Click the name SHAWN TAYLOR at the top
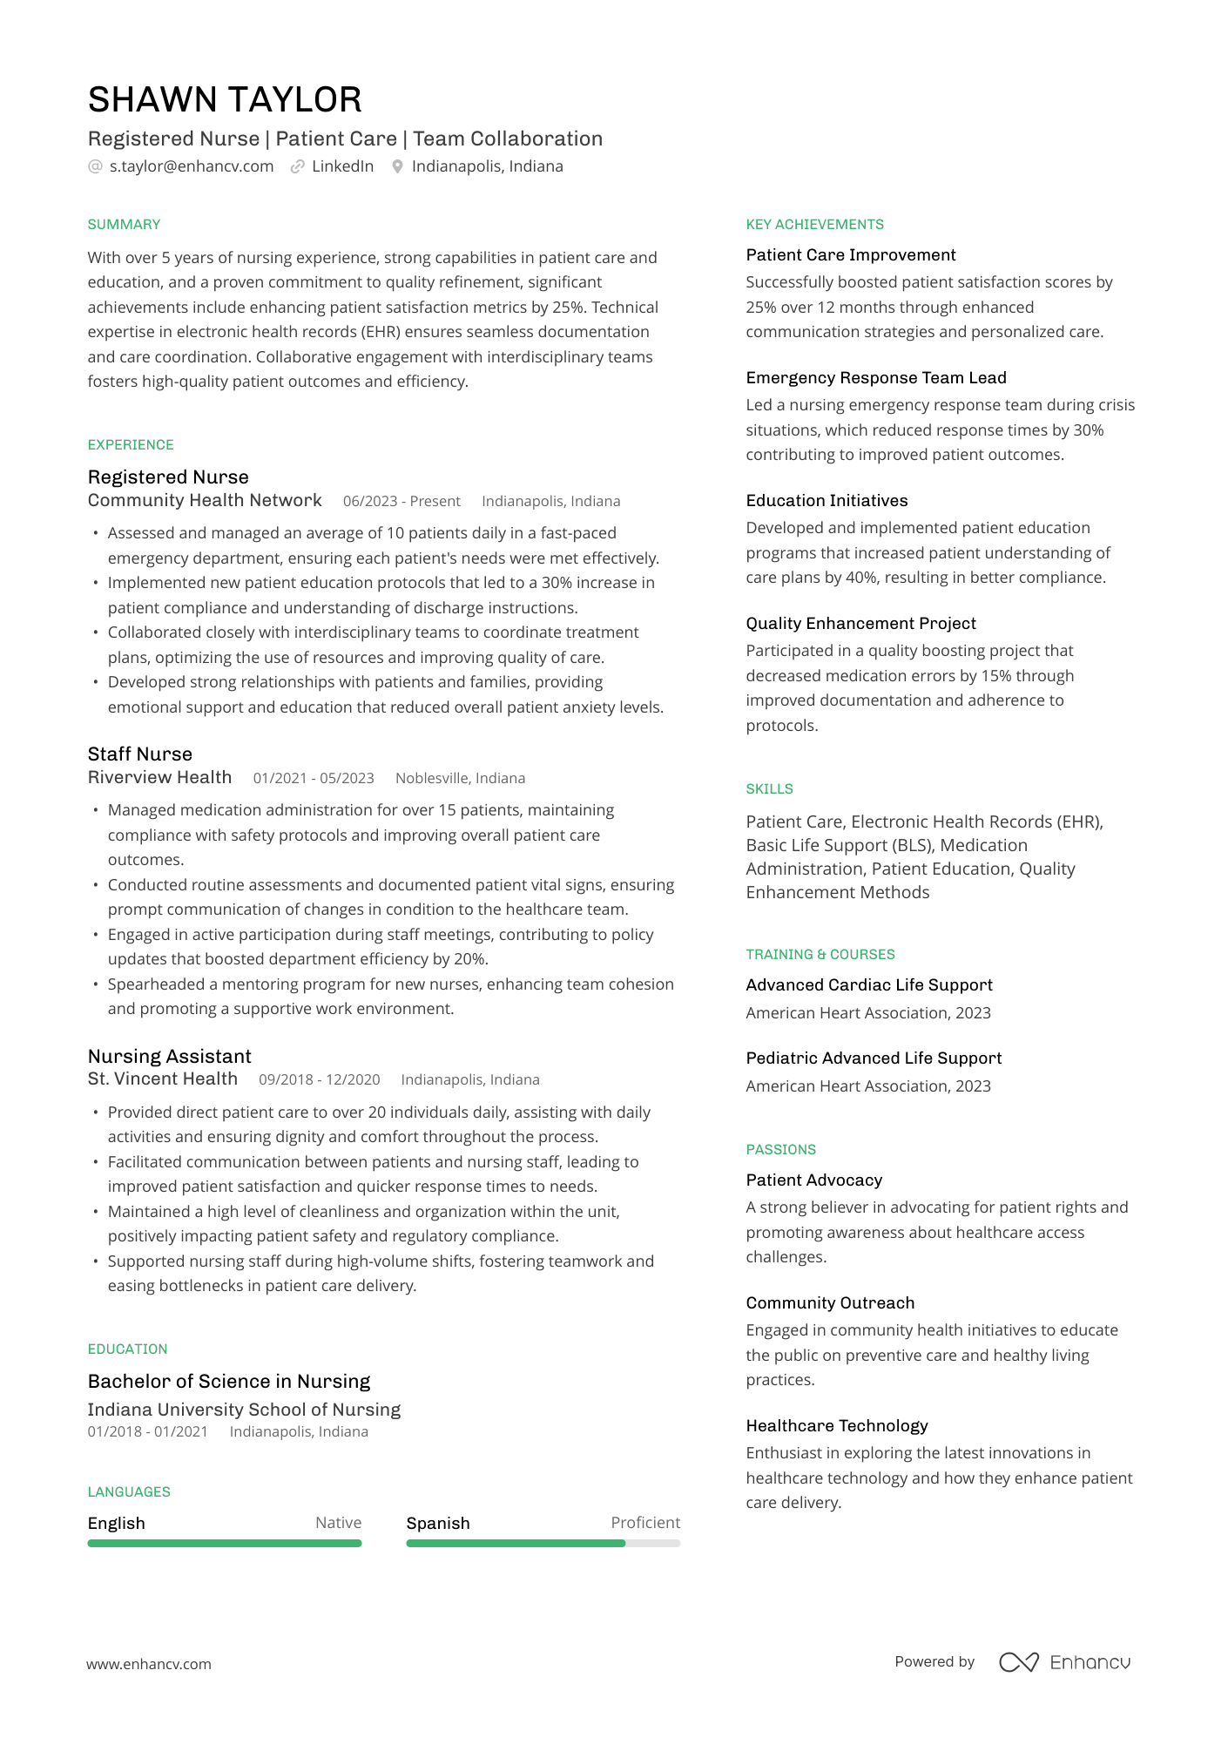(225, 100)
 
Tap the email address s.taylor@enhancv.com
(191, 166)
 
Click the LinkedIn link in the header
(342, 166)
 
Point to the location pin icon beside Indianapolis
(397, 166)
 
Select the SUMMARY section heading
(124, 225)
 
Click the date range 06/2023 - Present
(401, 502)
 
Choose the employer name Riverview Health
(159, 777)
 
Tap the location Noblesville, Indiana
(460, 779)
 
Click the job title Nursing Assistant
(169, 1056)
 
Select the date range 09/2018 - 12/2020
(319, 1080)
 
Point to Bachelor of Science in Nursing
(228, 1382)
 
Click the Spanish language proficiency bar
(543, 1544)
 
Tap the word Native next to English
(338, 1523)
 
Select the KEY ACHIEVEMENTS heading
(814, 225)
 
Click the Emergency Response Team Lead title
(875, 378)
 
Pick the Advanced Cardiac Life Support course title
(868, 985)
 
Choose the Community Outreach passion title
(830, 1303)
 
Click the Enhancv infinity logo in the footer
(1018, 1662)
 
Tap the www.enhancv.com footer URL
(148, 1664)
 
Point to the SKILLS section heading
(769, 789)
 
